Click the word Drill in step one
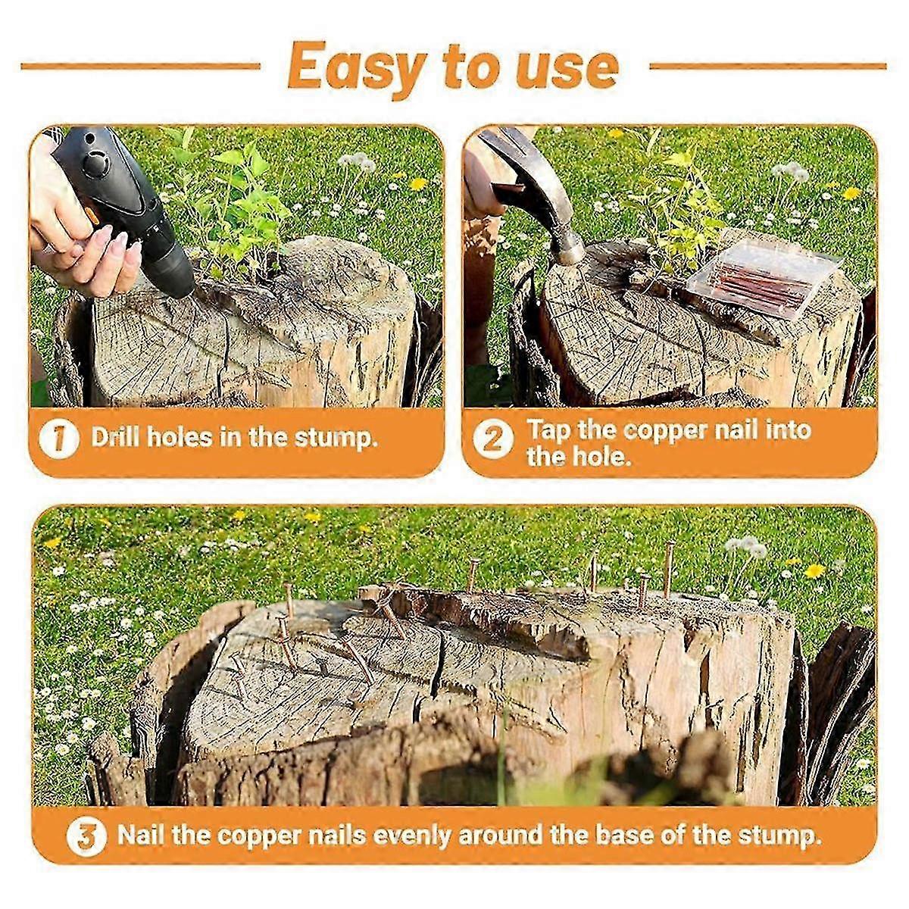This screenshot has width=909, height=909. point(116,437)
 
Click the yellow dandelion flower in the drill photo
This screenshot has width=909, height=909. point(418,183)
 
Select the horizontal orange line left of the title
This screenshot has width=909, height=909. point(141,66)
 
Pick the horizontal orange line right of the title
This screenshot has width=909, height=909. point(768,66)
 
